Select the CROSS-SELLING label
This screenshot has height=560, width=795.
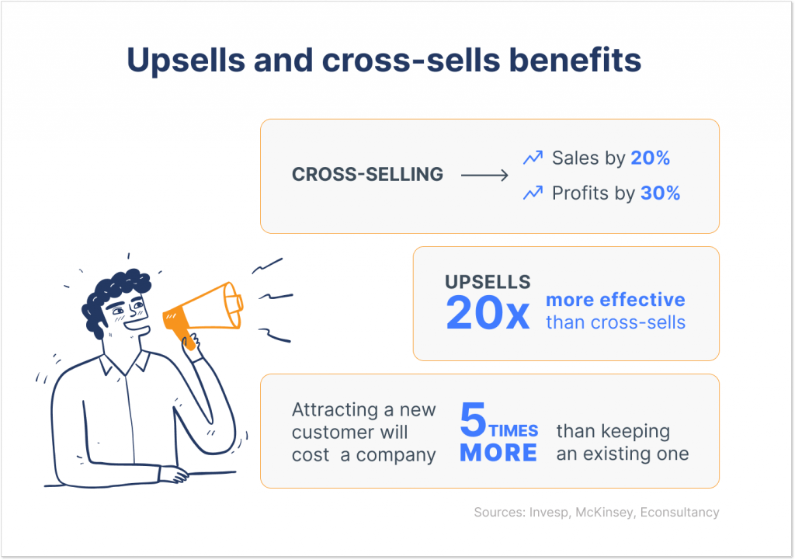(x=367, y=175)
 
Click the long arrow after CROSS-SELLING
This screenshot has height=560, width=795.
(x=484, y=176)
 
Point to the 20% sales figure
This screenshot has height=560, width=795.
(x=650, y=158)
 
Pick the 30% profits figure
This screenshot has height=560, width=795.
(x=660, y=193)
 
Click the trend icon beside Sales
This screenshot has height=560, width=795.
(x=533, y=158)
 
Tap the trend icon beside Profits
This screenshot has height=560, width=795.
(x=533, y=193)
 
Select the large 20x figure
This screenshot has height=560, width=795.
(x=488, y=312)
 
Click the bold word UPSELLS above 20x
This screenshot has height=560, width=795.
(x=488, y=281)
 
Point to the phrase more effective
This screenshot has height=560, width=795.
(x=616, y=300)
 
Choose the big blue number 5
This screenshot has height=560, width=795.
(x=473, y=420)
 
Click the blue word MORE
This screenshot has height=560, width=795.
(x=498, y=453)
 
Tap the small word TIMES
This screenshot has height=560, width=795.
(x=513, y=431)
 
